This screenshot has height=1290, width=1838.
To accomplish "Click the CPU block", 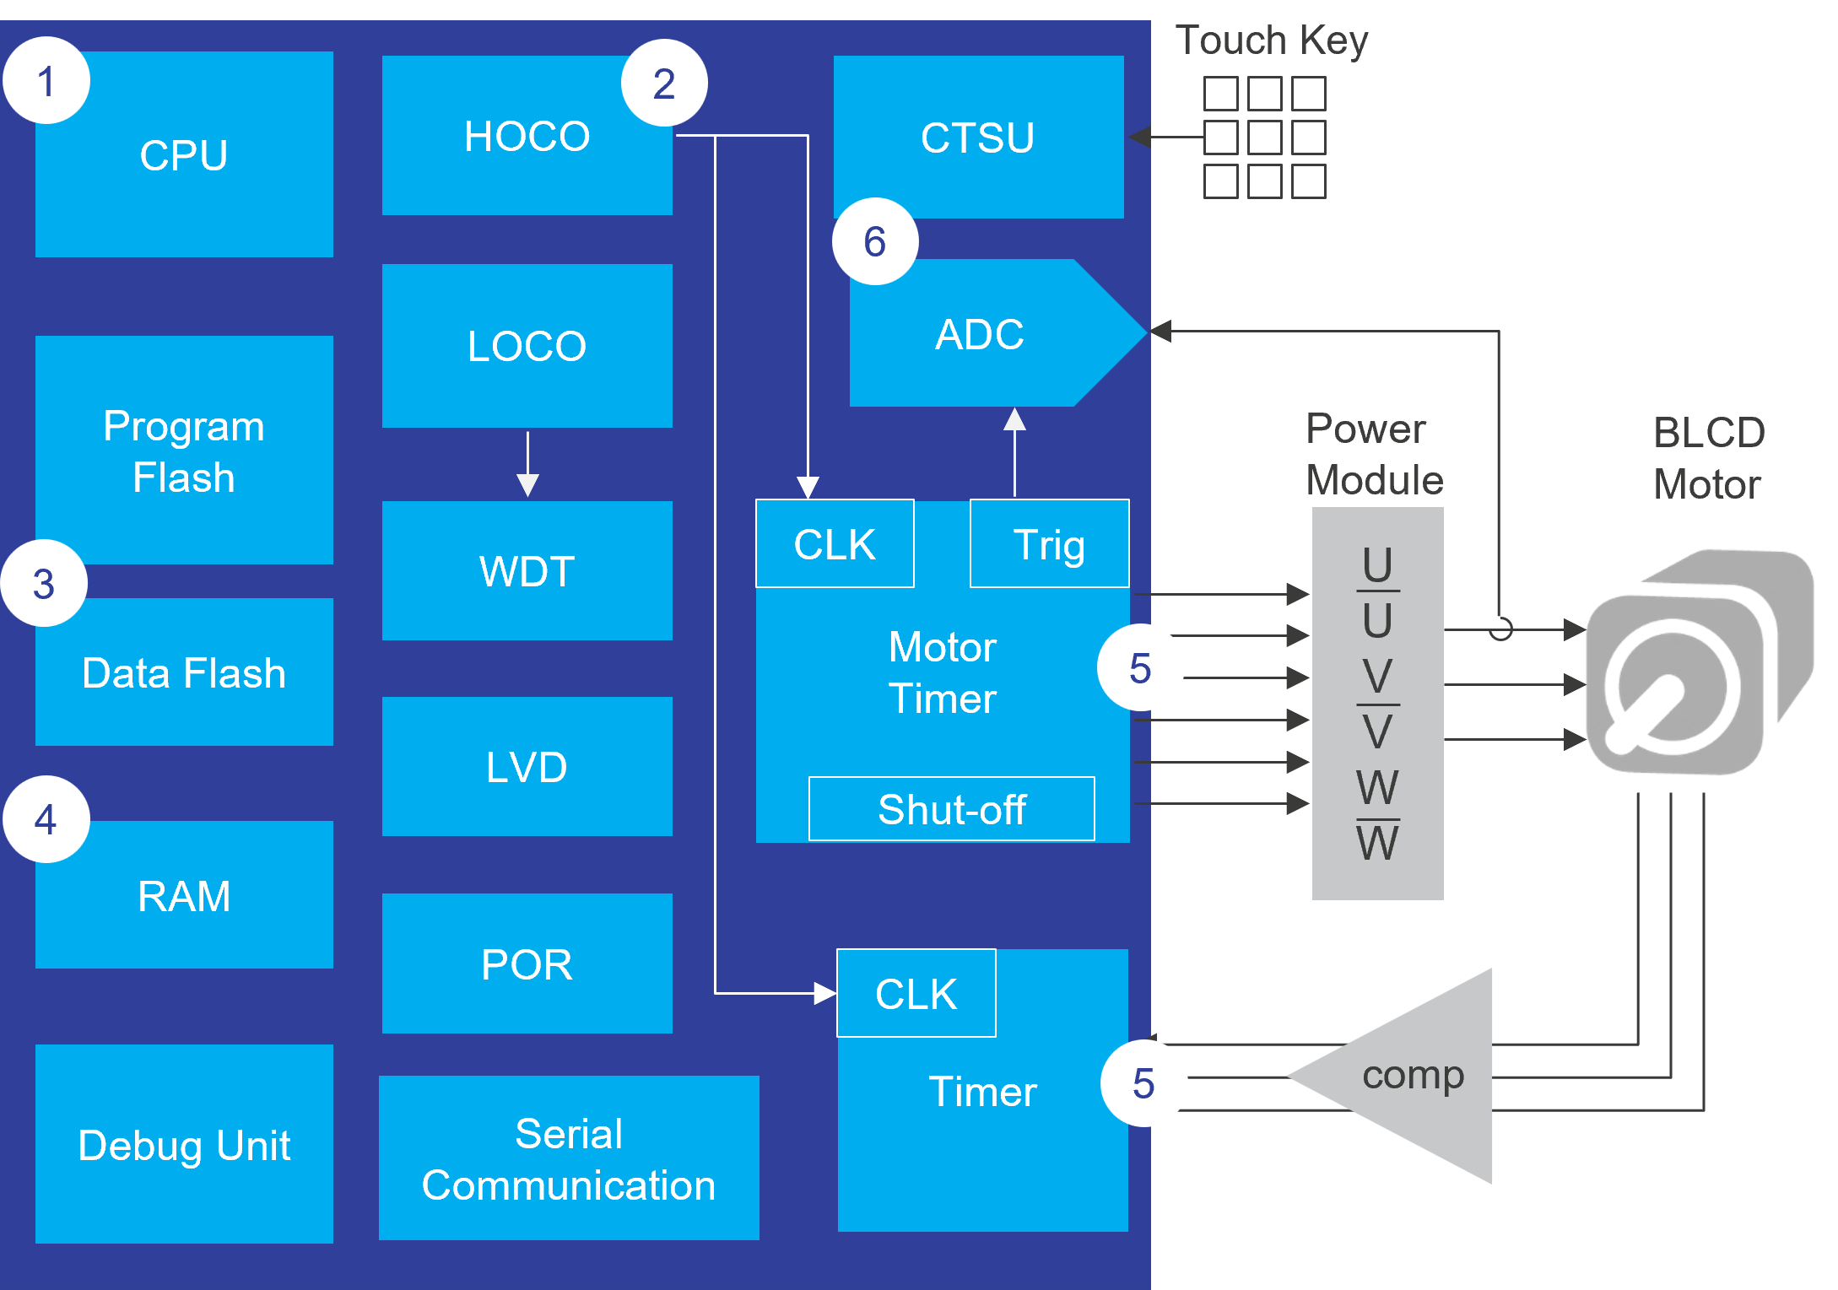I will (x=184, y=155).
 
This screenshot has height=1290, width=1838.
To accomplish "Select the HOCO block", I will (x=527, y=137).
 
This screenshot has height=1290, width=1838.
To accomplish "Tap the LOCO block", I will (x=527, y=346).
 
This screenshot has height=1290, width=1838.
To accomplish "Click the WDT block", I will (x=527, y=571).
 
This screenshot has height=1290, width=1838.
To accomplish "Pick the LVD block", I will (x=527, y=767).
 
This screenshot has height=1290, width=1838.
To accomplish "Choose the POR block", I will (x=527, y=963).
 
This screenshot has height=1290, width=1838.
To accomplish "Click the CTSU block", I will (x=978, y=138).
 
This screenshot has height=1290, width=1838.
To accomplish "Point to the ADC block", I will (x=979, y=334).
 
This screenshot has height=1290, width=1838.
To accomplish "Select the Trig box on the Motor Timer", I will (x=1049, y=544).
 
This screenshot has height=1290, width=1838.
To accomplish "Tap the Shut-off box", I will (x=951, y=809).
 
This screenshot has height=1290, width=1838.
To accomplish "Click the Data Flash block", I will (x=184, y=673).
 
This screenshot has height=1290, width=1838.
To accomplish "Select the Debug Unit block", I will (x=184, y=1145).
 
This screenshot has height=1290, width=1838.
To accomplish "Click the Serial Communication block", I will (x=569, y=1158).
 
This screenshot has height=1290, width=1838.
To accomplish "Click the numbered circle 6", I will (x=875, y=242).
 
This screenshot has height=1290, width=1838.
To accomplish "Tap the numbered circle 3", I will (x=44, y=584).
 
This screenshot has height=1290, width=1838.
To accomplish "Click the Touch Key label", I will (x=1271, y=40).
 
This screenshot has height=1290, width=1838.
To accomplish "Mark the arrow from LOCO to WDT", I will (x=527, y=464).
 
